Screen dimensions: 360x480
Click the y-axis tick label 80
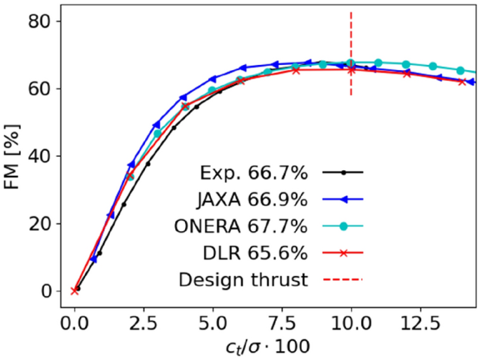(41, 22)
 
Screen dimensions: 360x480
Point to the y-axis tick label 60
(41, 89)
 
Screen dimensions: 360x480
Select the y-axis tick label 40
(41, 156)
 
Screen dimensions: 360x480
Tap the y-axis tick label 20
(41, 224)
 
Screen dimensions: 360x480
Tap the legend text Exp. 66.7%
(250, 172)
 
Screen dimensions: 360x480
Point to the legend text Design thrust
(243, 279)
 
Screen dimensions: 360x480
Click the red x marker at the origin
(74, 291)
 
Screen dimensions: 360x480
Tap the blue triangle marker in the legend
(343, 199)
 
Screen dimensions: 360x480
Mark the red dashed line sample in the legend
(343, 279)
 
